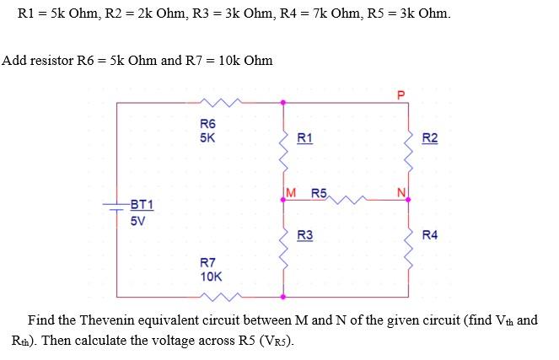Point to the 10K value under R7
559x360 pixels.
211,276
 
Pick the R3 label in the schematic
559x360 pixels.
305,234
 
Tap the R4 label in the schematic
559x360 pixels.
430,234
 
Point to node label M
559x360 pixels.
292,193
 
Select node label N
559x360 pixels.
401,193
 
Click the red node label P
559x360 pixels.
401,94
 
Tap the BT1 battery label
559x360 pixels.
142,205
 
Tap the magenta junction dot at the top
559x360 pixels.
282,103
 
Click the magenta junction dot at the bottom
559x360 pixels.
282,297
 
